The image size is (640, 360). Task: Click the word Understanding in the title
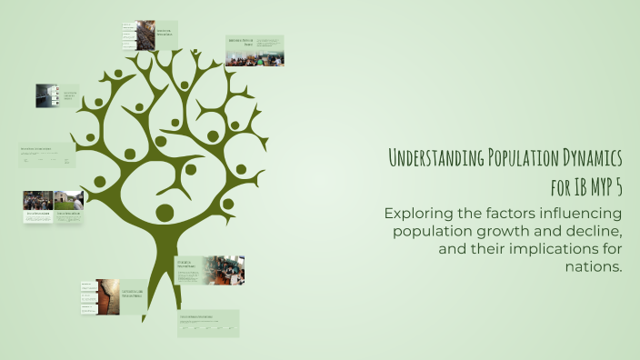click(435, 158)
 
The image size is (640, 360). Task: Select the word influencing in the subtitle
click(582, 214)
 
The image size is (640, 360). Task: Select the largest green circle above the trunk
click(165, 213)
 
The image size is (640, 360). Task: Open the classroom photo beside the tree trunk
click(224, 270)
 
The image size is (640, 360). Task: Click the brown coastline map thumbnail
click(107, 296)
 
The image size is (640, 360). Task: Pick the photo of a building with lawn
click(70, 200)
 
